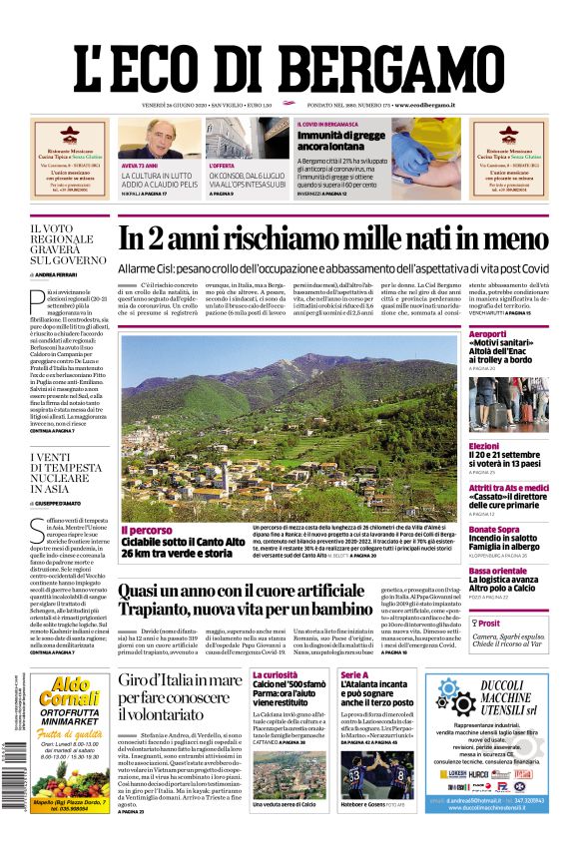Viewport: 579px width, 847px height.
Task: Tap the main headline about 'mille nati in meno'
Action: (x=332, y=238)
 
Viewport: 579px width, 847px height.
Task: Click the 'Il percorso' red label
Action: (x=146, y=531)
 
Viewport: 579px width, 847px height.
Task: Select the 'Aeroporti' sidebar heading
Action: (x=488, y=333)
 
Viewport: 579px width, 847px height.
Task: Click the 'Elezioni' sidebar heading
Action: (x=483, y=446)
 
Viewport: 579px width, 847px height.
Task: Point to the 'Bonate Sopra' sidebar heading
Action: (x=493, y=530)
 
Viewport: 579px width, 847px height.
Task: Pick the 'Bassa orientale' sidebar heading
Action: (x=497, y=571)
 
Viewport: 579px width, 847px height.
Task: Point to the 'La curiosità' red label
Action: (x=275, y=675)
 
